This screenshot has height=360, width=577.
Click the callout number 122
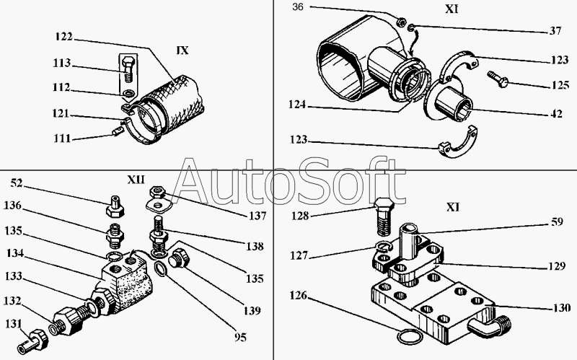coord(64,37)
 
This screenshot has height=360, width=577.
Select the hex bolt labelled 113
coord(128,69)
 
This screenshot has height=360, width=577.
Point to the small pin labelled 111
coord(117,131)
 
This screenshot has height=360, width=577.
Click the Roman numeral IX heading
coord(182,51)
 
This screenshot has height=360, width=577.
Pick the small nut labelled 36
coord(401,22)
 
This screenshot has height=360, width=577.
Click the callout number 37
coord(555,30)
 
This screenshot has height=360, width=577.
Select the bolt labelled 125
coord(498,79)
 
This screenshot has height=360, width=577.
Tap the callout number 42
coord(556,114)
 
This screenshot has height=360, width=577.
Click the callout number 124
coord(297,105)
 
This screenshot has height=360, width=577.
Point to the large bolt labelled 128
coord(384,217)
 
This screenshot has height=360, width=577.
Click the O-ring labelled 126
coord(408,337)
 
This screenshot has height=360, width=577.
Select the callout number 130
coord(561,307)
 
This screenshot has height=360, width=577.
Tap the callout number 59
coord(557,221)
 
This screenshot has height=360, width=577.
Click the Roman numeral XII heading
coord(136,180)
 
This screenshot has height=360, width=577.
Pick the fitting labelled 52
coord(115,206)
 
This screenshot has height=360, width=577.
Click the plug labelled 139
coord(179,258)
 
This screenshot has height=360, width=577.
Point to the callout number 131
coord(14,324)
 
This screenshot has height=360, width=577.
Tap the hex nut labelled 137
coord(157,192)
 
